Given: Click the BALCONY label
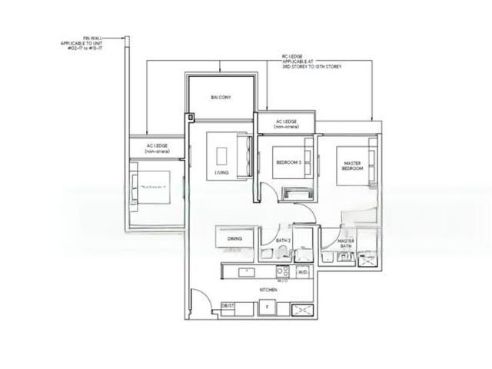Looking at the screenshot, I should coord(221,98).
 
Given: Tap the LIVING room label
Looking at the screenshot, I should coord(222,174).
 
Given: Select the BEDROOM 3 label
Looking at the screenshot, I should coord(289,161).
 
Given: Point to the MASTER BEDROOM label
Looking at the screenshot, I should coord(352,165).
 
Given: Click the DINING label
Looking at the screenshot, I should coord(234,239).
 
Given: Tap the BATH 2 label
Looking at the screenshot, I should coord(282,241).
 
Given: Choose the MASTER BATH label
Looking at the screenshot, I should coord(346,244).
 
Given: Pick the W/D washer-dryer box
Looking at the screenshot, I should coord(303,271).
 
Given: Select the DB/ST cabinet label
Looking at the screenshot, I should coord(228,306).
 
